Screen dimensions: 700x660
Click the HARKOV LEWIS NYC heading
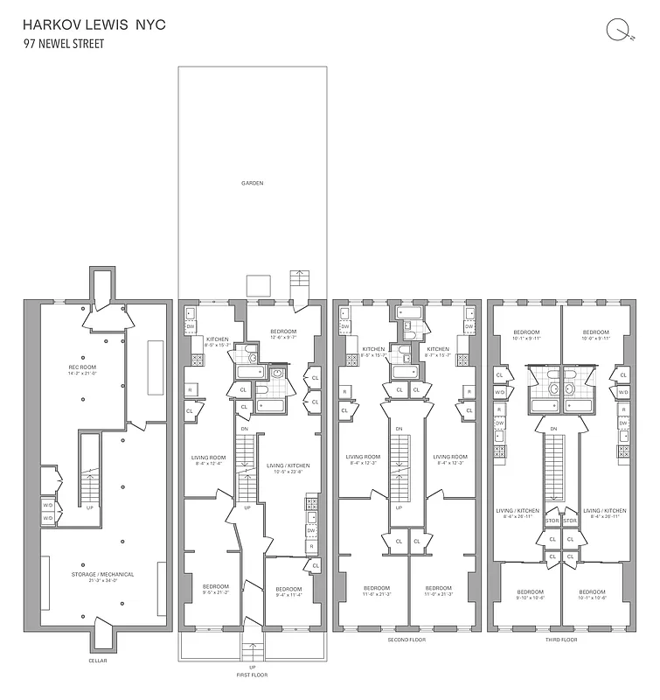point(94,24)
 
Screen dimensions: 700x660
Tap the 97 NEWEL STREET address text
point(64,43)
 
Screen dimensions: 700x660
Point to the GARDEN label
point(253,183)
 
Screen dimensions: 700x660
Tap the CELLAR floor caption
point(98,661)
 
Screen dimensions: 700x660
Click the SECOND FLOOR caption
point(406,640)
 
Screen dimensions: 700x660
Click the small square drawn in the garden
point(257,285)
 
